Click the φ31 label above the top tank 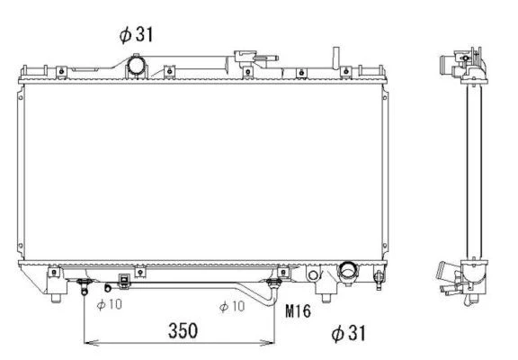pos(136,34)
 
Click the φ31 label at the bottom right pos(349,333)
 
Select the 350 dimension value pos(183,330)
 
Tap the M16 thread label pos(298,310)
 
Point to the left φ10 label pos(110,304)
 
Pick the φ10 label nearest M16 pos(232,306)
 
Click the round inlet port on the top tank pos(136,66)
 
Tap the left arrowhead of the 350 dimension pos(88,343)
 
